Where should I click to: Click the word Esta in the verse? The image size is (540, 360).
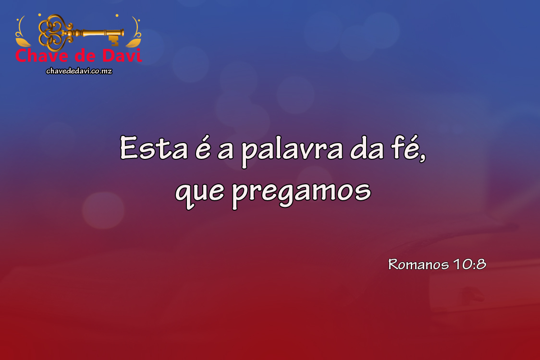[x=154, y=148]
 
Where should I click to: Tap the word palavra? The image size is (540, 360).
[x=292, y=151]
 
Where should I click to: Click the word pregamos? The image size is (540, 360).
[x=301, y=193]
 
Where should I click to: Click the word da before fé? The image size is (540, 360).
[x=367, y=149]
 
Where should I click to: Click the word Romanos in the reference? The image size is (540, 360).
[x=418, y=264]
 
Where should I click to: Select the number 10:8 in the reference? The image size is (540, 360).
[x=469, y=264]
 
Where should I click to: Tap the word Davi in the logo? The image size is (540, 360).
[x=122, y=56]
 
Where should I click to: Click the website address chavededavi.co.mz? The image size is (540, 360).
[x=79, y=71]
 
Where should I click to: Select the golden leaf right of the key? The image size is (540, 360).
[x=133, y=42]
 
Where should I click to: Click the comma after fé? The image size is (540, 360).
[x=423, y=157]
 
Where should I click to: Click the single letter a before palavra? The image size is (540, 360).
[x=226, y=151]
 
